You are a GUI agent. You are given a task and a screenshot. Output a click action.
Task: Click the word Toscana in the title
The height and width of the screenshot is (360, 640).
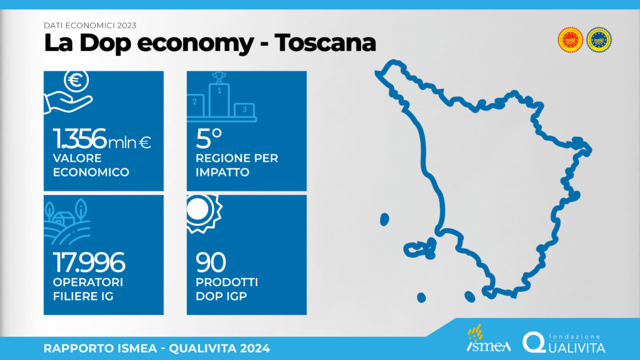(326, 42)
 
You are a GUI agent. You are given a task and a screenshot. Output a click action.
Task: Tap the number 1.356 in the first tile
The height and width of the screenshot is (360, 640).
(80, 138)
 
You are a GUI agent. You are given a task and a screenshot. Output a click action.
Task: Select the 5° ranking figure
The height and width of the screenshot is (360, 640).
(209, 138)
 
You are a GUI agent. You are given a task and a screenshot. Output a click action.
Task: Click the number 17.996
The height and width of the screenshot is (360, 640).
(89, 262)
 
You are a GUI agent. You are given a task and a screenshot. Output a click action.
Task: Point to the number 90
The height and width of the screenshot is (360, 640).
(211, 262)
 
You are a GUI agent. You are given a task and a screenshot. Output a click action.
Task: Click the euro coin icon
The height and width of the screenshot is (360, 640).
(76, 80)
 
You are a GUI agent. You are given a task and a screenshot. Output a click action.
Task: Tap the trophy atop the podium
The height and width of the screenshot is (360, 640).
(219, 77)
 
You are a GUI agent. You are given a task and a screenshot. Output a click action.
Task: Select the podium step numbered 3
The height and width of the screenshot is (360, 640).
(244, 110)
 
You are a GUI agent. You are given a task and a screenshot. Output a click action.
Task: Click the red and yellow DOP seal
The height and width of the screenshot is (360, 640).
(570, 40)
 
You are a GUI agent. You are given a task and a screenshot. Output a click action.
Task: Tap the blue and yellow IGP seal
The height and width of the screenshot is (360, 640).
(599, 40)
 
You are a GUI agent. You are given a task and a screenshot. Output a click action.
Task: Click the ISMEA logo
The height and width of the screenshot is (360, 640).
(488, 339)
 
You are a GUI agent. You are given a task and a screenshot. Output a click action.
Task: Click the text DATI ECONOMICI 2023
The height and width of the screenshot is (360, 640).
(90, 25)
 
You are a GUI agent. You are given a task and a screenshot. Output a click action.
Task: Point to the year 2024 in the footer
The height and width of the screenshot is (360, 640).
(255, 349)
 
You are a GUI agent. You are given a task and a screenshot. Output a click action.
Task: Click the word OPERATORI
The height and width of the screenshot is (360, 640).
(88, 282)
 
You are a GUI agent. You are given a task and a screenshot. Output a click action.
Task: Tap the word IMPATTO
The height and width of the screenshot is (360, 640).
(222, 172)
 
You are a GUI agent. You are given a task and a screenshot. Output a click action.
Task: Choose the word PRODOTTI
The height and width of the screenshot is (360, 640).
(227, 282)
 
